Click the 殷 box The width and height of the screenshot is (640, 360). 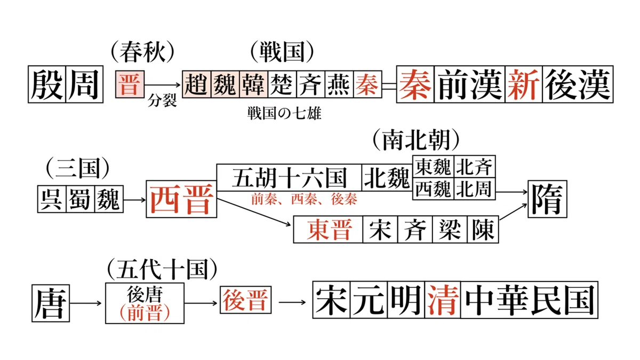point(47,84)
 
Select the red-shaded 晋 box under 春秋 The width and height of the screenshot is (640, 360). point(130,84)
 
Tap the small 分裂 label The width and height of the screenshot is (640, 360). point(162,101)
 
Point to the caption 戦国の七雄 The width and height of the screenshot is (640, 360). point(284,114)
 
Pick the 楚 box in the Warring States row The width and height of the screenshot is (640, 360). point(282,84)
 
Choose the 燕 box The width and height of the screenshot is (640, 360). point(339,84)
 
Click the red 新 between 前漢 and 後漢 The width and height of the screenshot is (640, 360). point(524,84)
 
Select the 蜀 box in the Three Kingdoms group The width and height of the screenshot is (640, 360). point(81,199)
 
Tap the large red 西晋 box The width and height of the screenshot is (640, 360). point(181,199)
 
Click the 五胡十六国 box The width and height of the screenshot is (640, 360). point(289,178)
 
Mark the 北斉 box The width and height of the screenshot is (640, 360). point(475,166)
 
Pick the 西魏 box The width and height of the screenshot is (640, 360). point(433,189)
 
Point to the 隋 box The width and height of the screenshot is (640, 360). point(547,199)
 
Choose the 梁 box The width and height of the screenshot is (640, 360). point(450,230)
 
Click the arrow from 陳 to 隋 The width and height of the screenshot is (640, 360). point(513,212)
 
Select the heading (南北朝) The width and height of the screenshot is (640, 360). point(416,140)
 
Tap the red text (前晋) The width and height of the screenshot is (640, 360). point(145,313)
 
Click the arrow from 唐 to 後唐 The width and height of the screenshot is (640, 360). point(86,303)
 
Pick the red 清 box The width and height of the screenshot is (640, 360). point(443,300)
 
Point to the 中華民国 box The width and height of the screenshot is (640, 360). point(530,300)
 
